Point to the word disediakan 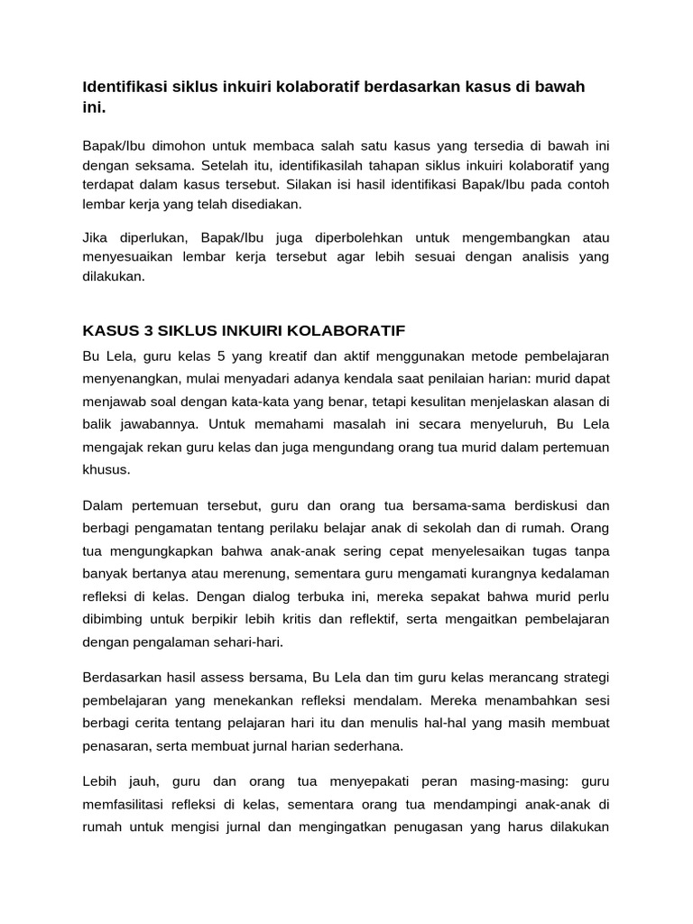[x=270, y=205]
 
